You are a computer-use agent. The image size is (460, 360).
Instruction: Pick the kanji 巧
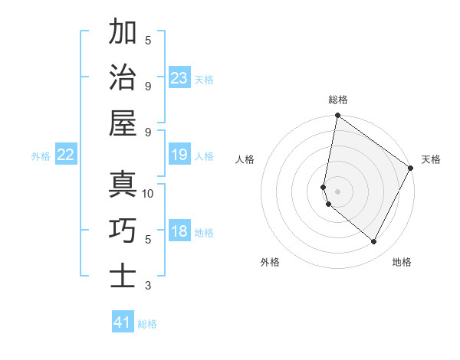pyautogui.click(x=123, y=230)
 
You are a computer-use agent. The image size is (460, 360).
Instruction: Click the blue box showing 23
pyautogui.click(x=179, y=77)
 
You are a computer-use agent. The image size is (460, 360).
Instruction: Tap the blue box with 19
pyautogui.click(x=179, y=155)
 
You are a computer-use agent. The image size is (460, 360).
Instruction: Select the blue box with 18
pyautogui.click(x=179, y=231)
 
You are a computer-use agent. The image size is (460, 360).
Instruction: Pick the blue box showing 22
pyautogui.click(x=65, y=155)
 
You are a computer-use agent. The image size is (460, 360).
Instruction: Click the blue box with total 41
pyautogui.click(x=123, y=322)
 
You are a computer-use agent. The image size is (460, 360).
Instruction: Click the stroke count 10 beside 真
pyautogui.click(x=148, y=194)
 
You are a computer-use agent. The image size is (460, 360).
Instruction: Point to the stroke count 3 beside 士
pyautogui.click(x=148, y=286)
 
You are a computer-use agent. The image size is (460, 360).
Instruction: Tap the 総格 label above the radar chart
pyautogui.click(x=338, y=100)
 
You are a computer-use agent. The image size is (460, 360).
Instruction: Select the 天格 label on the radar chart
pyautogui.click(x=431, y=159)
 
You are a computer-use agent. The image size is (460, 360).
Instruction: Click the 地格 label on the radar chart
pyautogui.click(x=402, y=262)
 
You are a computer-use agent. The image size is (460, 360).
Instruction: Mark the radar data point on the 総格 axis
pyautogui.click(x=337, y=116)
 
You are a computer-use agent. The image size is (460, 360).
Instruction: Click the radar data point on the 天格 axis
pyautogui.click(x=412, y=168)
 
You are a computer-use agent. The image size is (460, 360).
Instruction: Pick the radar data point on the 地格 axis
pyautogui.click(x=374, y=242)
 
